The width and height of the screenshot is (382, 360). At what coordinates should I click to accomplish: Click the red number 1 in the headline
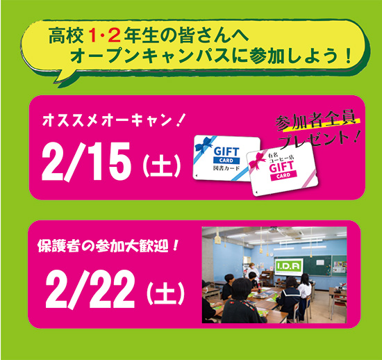(x=94, y=36)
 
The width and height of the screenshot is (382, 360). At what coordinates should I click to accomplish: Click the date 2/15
(x=86, y=162)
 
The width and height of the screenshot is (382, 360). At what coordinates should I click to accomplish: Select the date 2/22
(x=90, y=290)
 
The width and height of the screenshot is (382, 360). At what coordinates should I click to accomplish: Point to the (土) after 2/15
(x=162, y=165)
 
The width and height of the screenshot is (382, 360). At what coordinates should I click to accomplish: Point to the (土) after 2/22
(x=166, y=293)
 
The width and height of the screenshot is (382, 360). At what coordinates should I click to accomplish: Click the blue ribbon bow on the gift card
(x=204, y=145)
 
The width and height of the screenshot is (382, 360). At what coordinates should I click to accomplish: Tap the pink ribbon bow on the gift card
(x=257, y=161)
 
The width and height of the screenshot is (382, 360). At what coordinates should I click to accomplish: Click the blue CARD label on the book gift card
(x=226, y=161)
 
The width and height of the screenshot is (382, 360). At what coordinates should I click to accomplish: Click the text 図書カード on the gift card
(x=226, y=168)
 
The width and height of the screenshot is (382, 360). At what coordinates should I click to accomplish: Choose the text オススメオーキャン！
(x=114, y=120)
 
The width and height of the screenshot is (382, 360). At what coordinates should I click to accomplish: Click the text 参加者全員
(x=317, y=121)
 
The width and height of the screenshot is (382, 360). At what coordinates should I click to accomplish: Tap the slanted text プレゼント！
(x=320, y=140)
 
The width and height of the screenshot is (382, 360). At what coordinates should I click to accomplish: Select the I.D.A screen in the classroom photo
(x=289, y=267)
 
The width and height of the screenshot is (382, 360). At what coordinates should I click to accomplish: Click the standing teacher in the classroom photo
(x=251, y=272)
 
